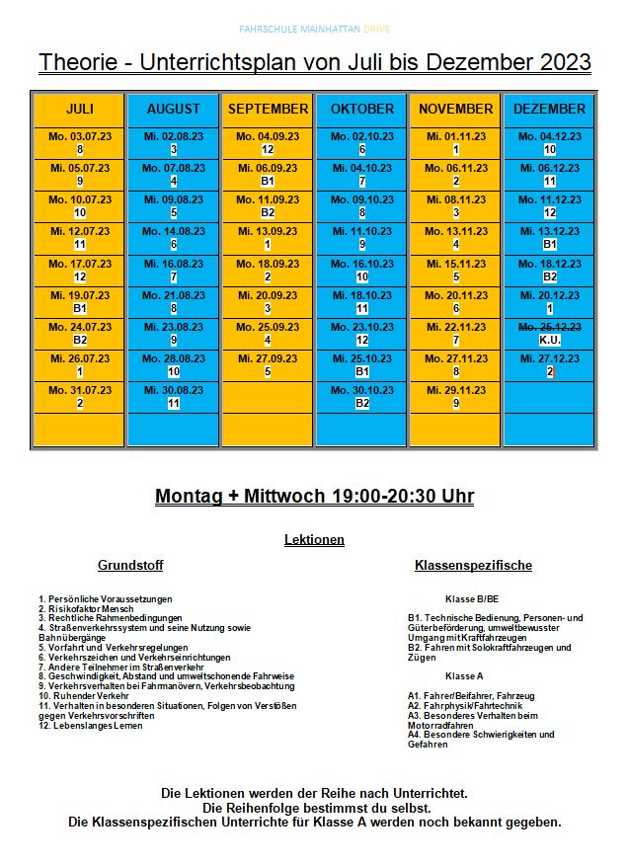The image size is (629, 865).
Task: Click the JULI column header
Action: click(80, 109)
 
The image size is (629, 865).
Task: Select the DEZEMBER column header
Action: click(550, 109)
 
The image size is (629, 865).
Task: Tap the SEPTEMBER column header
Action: click(268, 109)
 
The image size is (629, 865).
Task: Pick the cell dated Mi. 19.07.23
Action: click(80, 301)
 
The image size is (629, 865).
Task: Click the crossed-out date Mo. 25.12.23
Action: click(550, 326)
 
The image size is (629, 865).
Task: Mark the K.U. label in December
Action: click(550, 340)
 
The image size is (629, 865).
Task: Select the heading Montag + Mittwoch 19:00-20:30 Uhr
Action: click(314, 497)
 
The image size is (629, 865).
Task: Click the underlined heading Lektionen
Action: click(314, 540)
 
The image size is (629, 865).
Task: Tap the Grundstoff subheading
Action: click(130, 566)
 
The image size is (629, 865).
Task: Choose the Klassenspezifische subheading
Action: click(474, 566)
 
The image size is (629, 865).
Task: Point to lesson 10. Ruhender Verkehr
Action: click(84, 696)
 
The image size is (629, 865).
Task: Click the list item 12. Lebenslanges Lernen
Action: click(90, 726)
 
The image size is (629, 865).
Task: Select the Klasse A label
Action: click(464, 675)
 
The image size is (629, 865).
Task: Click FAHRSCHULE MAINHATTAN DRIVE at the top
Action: click(314, 30)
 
